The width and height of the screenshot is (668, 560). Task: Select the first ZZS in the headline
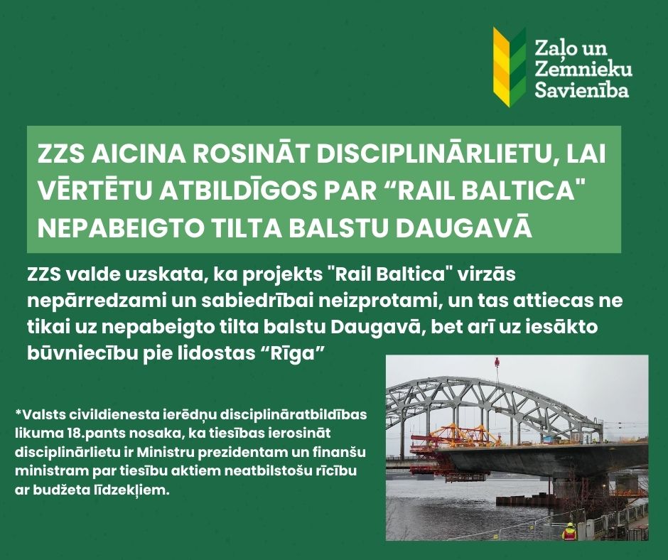58,156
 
